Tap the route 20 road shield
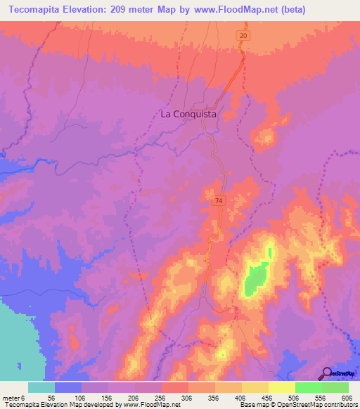243,35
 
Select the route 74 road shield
219,200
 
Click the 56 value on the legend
51,397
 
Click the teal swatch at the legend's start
41,387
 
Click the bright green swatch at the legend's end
335,387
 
